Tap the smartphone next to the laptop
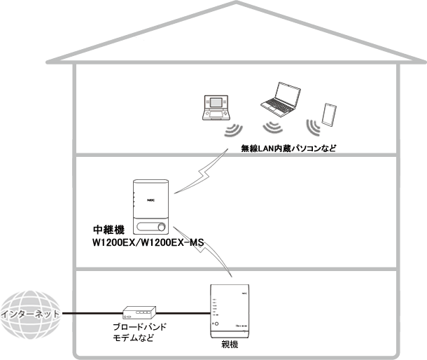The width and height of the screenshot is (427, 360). coord(328,113)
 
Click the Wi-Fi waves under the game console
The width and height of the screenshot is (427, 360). coord(233,131)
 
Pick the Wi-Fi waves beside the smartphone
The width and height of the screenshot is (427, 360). coord(313,126)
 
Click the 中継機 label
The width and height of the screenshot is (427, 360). coord(108,230)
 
